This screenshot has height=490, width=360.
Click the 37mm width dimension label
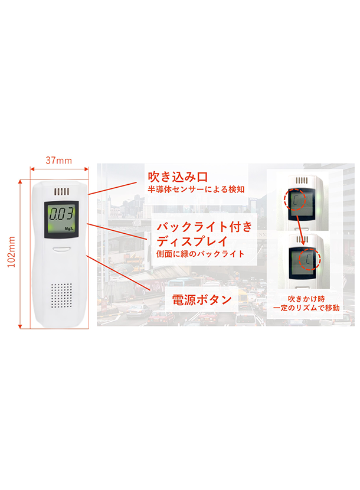[x=59, y=161]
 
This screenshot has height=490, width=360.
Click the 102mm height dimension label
[x=12, y=252]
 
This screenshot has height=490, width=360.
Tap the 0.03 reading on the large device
[x=61, y=214]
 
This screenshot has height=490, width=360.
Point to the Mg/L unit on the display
[x=70, y=228]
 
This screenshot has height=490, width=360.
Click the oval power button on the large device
[x=61, y=249]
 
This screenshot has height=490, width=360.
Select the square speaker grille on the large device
[x=61, y=295]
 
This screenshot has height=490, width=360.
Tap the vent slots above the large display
[x=61, y=191]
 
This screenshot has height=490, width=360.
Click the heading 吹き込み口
[x=178, y=177]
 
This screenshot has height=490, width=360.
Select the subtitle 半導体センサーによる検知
[x=196, y=190]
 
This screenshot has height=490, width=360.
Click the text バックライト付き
[x=204, y=227]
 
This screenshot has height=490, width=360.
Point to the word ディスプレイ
[x=192, y=241]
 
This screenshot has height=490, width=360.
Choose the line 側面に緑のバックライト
[x=200, y=254]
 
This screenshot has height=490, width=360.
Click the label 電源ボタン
[x=202, y=300]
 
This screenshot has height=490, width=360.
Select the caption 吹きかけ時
[x=306, y=299]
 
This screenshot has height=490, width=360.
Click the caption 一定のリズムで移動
[x=306, y=308]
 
